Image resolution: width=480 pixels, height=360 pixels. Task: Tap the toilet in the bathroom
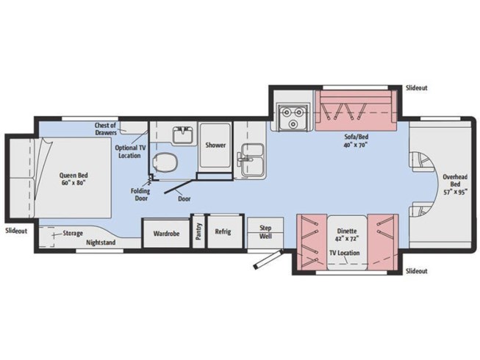click(167, 163)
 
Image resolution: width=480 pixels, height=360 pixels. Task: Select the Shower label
click(215, 145)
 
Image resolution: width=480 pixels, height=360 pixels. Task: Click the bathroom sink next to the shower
click(182, 135)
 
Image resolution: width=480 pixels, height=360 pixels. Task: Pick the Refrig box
click(223, 232)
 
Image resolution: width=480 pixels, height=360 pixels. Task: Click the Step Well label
click(265, 232)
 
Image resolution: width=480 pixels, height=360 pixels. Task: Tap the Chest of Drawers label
click(106, 129)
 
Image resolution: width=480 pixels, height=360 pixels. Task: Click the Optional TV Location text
click(129, 151)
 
